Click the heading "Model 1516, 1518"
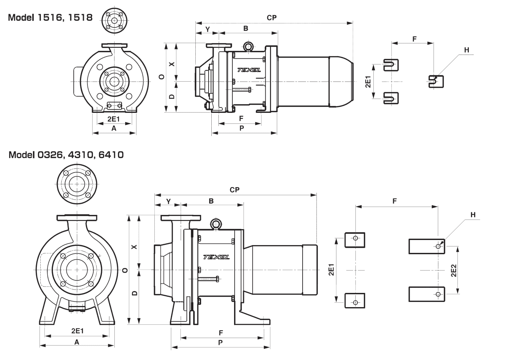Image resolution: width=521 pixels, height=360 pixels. point(50,18)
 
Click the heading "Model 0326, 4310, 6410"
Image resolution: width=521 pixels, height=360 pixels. point(66,155)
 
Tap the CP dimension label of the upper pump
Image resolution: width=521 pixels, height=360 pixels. point(272,18)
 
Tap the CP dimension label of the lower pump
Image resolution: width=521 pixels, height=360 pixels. point(234,190)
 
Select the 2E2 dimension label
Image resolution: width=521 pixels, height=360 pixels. point(454,271)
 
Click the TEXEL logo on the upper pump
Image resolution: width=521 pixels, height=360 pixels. point(249,70)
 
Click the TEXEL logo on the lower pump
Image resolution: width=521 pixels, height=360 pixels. point(216,257)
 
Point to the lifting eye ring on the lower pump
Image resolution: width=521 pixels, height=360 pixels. point(215,223)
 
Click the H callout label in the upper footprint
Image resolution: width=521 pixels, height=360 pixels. point(467,50)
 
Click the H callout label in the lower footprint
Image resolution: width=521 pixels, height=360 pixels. point(473,215)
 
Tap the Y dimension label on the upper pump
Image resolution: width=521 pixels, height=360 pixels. point(208,29)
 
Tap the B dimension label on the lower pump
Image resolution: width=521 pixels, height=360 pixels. point(211,201)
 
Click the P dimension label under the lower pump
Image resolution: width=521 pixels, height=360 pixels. point(220,343)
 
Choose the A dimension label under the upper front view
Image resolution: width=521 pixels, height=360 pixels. point(114,128)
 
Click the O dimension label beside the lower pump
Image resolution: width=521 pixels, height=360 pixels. point(125,270)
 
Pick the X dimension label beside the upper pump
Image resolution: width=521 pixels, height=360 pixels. point(172,63)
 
